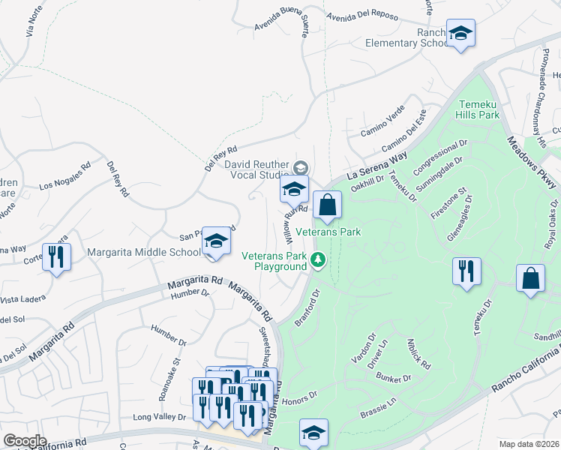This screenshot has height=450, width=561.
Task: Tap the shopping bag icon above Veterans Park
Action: click(328, 205)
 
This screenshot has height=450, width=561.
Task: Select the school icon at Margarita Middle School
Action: click(216, 241)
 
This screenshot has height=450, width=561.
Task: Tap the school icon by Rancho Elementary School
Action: click(460, 34)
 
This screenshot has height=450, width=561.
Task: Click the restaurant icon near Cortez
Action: click(57, 257)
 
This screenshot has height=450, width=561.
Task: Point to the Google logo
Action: click(25, 441)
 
